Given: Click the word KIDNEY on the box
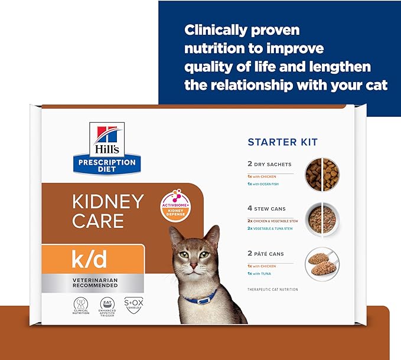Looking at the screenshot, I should click(107, 202).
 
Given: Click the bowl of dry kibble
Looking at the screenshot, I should click(322, 172).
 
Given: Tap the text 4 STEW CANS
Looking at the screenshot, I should click(266, 208).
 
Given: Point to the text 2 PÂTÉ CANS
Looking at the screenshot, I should click(266, 254).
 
